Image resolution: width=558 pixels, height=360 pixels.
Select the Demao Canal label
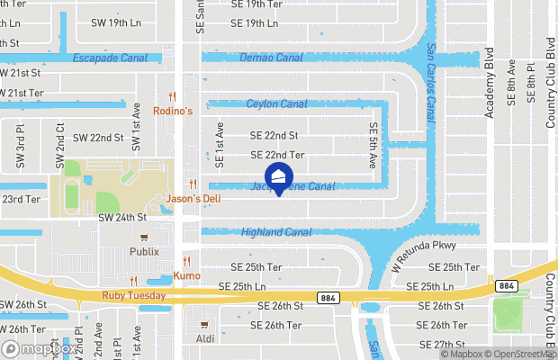(x=271, y=58)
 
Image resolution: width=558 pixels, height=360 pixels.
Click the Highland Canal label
(x=275, y=232)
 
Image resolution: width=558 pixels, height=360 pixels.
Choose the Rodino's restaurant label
(x=173, y=111)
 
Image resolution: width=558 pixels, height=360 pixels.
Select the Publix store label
(x=144, y=252)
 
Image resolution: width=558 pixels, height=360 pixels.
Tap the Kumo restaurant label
(x=187, y=276)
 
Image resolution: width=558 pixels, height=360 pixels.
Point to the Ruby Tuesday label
(x=134, y=295)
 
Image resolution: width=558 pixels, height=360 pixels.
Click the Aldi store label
(x=206, y=339)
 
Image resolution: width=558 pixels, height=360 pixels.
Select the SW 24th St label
(x=123, y=218)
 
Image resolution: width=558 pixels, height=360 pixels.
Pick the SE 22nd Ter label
(x=277, y=155)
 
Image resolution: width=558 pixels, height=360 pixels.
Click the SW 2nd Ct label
(x=60, y=146)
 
